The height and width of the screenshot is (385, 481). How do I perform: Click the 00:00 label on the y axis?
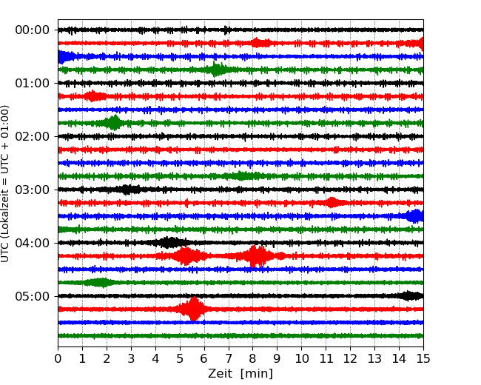[32, 30]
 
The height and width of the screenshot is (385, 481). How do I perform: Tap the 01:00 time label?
[32, 84]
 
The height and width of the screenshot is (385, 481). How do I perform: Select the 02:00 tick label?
[32, 137]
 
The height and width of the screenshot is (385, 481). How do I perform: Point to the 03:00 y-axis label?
[32, 190]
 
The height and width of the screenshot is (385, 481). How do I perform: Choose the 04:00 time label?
[32, 244]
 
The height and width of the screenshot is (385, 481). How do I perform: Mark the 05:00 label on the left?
[32, 297]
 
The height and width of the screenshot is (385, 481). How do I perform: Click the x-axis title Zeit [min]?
[240, 374]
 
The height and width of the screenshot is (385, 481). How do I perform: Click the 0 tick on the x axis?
[58, 359]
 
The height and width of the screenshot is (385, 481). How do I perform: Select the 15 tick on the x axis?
[423, 359]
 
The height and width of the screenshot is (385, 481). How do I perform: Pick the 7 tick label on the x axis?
[229, 359]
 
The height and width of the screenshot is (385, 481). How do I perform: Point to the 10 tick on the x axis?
[301, 359]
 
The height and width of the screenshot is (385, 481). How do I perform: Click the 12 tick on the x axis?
[350, 359]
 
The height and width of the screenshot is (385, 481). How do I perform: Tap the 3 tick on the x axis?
[131, 359]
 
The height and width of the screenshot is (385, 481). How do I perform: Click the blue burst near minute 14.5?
[414, 216]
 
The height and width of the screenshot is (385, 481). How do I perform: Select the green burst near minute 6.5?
[216, 70]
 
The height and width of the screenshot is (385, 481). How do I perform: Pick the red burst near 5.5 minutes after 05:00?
[193, 309]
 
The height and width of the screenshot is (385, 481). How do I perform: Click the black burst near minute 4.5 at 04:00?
[169, 243]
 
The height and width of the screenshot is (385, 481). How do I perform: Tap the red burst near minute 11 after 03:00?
[332, 203]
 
